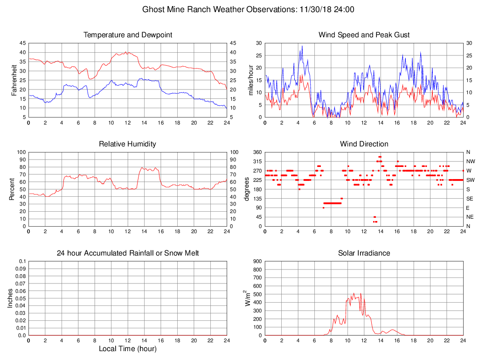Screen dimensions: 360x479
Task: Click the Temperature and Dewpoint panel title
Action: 128,35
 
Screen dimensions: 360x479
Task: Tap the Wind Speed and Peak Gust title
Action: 364,35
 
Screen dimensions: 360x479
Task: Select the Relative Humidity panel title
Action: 128,144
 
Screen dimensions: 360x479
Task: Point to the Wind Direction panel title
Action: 364,144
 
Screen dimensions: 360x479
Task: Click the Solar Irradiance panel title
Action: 364,253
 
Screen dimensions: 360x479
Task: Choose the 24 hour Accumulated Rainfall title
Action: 128,253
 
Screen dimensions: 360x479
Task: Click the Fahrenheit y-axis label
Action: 14,80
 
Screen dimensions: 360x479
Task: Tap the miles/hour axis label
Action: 250,80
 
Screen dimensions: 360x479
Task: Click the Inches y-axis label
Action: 10,298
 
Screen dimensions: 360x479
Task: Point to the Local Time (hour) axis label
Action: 128,349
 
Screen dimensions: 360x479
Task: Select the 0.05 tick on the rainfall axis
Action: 21,298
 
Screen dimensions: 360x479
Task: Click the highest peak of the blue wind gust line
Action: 302,46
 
